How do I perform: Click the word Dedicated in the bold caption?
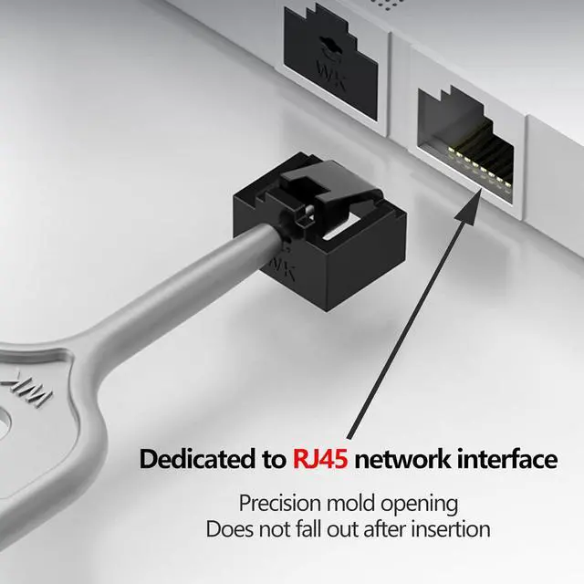pyautogui.click(x=193, y=459)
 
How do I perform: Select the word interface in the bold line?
pyautogui.click(x=505, y=459)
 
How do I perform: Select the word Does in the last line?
pyautogui.click(x=226, y=528)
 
